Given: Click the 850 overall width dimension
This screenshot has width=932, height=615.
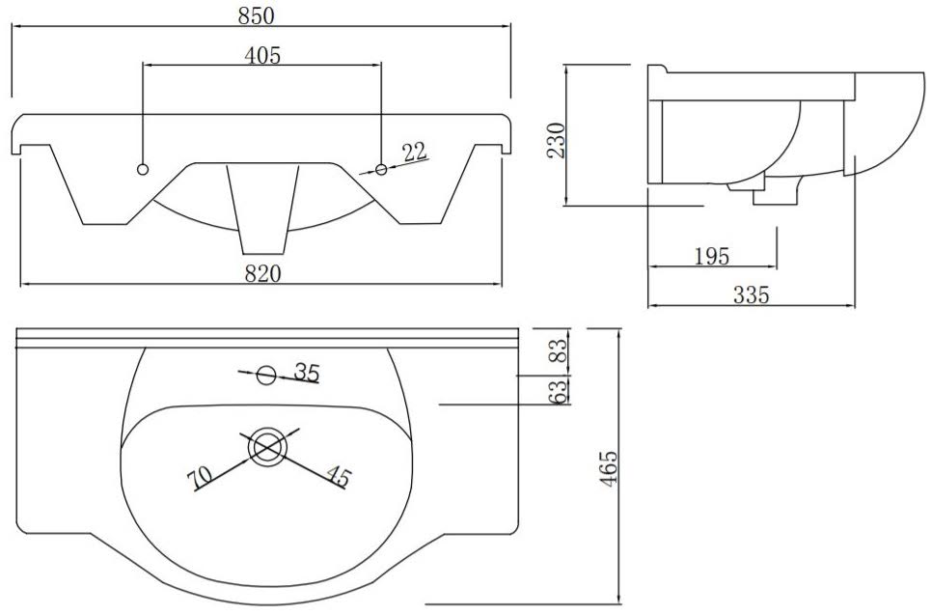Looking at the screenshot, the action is click(x=257, y=15).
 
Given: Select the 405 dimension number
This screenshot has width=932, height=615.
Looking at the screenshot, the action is click(x=262, y=55).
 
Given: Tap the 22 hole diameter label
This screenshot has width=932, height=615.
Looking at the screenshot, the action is click(x=415, y=153).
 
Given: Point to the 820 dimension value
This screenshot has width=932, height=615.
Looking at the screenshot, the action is click(x=262, y=273).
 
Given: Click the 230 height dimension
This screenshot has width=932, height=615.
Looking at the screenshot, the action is click(x=557, y=140).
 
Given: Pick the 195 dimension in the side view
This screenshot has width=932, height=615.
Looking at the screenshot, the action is click(x=711, y=256).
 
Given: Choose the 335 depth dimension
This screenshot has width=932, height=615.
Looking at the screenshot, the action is click(x=752, y=294).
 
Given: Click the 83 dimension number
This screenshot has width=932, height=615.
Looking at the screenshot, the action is click(x=558, y=350).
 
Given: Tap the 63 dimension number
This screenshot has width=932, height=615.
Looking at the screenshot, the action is click(x=558, y=391).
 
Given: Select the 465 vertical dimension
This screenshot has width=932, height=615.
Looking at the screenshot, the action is click(x=608, y=469).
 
